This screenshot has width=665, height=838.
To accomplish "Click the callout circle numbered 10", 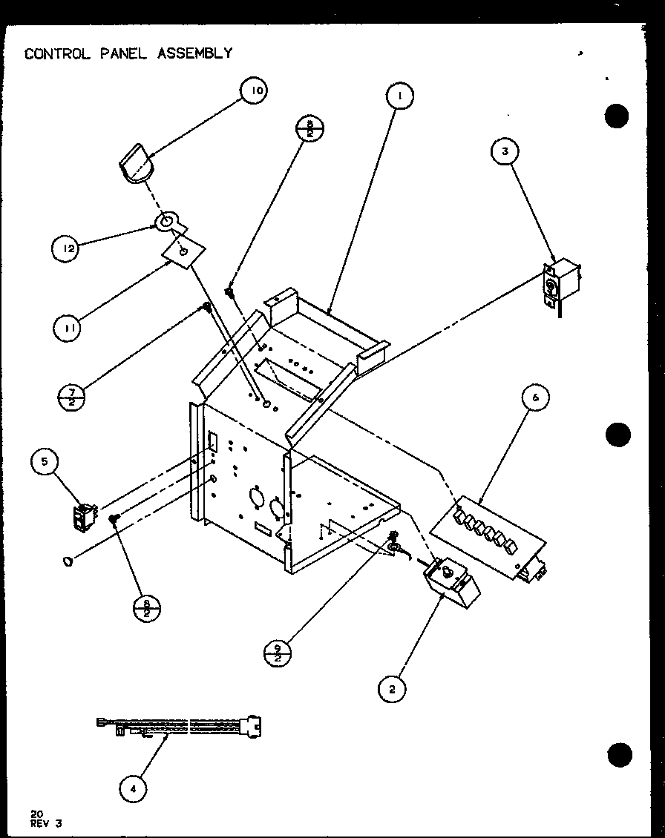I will (x=254, y=91).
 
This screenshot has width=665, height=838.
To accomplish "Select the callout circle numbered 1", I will (x=399, y=96).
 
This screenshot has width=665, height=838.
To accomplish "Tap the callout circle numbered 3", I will (x=505, y=151).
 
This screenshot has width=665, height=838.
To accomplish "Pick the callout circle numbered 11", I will (x=67, y=326).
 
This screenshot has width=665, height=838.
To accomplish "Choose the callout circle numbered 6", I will (x=535, y=397).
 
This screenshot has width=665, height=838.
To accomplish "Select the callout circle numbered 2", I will (x=392, y=689).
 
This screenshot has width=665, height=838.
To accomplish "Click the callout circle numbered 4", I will (x=133, y=789).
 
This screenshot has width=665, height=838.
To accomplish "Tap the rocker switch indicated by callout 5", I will (x=85, y=516).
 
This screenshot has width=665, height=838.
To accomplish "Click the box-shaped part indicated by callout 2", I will (x=451, y=581).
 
